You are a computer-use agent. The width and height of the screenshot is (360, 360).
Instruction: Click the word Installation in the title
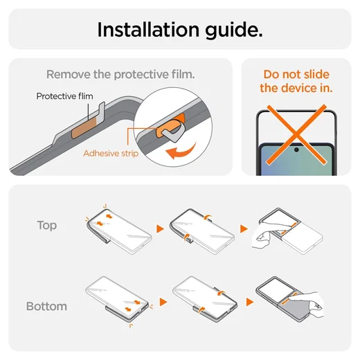[148, 30]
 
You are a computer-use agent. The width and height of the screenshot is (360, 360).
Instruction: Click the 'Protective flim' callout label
[65, 96]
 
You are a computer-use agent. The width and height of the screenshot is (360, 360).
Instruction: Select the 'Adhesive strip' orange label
[111, 153]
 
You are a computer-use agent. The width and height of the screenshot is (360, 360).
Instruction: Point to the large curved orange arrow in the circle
[182, 152]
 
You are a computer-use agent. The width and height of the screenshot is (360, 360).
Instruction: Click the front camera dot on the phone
[296, 150]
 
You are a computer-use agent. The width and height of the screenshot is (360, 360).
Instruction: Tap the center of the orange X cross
[296, 134]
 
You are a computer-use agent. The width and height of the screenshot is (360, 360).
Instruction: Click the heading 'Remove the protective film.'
[120, 74]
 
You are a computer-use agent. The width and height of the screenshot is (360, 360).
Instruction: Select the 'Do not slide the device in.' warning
[296, 81]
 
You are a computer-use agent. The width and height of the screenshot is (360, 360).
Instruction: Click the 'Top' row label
[47, 225]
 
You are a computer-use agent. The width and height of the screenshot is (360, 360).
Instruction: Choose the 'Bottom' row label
[46, 306]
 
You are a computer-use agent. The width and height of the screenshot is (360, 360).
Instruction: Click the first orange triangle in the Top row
[160, 228]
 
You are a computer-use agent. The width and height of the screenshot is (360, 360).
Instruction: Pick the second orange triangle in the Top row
[244, 228]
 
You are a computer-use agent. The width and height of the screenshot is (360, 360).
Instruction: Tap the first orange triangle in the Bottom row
[163, 302]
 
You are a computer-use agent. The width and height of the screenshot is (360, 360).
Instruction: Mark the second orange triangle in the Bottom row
[250, 302]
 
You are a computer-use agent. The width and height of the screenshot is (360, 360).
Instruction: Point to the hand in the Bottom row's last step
[309, 303]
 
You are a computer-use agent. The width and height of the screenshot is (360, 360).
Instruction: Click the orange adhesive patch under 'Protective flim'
[84, 129]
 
